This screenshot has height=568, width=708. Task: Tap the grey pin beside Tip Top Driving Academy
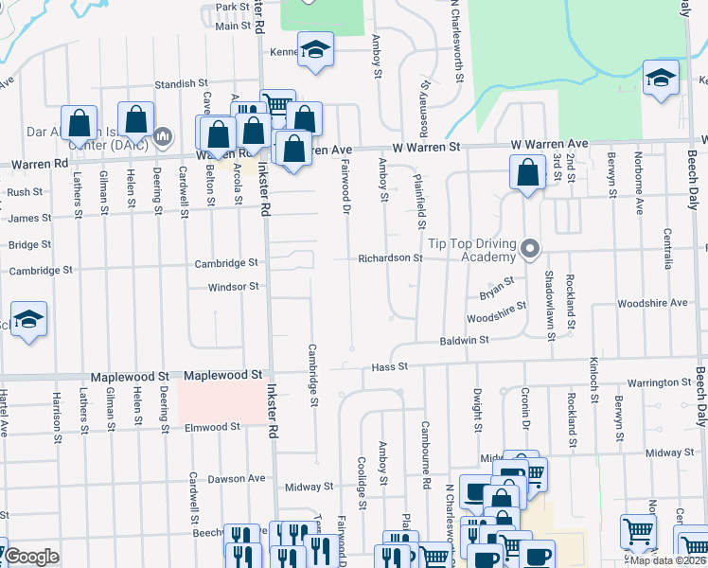point(530,251)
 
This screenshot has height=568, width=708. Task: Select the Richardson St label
point(389,257)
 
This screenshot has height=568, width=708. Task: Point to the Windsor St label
point(233,286)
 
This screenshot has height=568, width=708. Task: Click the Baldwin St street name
point(463,340)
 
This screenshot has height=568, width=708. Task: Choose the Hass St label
point(389,366)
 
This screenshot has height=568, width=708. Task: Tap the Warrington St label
point(659,383)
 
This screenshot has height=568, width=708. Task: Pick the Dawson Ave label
point(237,479)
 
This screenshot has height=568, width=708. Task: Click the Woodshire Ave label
point(651,303)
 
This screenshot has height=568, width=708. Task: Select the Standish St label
point(180,84)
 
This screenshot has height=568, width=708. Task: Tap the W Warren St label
point(427,148)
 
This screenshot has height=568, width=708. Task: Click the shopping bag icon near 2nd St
point(527,173)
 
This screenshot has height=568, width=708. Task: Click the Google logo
point(31,557)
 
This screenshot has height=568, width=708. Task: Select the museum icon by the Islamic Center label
point(163,138)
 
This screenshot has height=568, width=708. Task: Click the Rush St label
point(26,191)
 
